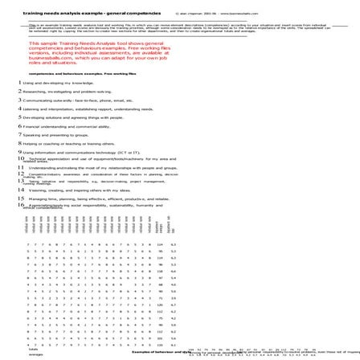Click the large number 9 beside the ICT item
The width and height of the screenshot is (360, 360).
click(19, 152)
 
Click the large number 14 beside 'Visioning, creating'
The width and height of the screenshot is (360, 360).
click(21, 190)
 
